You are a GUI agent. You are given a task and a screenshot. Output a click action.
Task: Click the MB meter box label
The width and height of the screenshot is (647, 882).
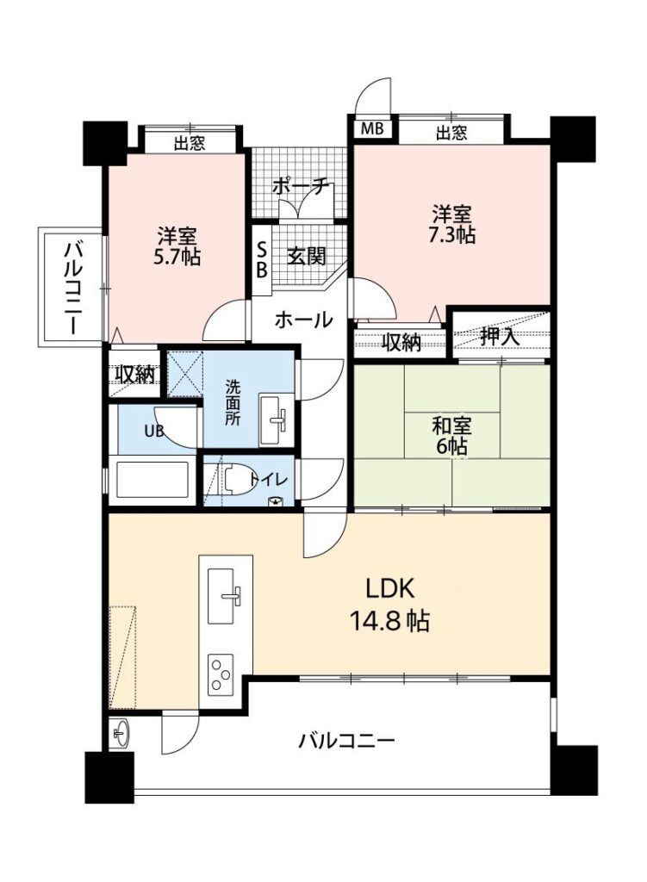point(371,129)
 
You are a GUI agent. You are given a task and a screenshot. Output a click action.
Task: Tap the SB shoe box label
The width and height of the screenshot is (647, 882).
point(262,260)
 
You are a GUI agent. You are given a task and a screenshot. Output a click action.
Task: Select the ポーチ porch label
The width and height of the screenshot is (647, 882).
point(300,187)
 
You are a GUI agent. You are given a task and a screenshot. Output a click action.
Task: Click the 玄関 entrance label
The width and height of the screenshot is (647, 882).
point(307,257)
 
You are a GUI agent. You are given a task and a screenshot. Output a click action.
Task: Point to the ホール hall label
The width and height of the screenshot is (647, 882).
point(303,320)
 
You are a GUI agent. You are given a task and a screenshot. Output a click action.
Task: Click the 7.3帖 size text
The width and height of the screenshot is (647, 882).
point(451,234)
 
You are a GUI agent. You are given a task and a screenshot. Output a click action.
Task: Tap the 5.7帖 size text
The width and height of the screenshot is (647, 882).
point(177,257)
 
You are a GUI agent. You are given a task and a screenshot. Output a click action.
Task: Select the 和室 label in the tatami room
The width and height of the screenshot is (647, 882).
point(451,425)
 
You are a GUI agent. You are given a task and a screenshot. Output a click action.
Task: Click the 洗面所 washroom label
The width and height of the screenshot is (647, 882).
point(233,403)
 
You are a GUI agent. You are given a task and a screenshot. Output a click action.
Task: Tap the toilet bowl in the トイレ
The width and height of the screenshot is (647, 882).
point(236,481)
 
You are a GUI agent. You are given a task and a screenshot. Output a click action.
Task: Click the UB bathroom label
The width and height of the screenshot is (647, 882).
point(154,432)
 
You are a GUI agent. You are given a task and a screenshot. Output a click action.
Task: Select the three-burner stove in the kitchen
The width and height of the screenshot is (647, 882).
point(221,674)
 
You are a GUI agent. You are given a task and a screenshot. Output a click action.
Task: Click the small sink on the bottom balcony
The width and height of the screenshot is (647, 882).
point(119,734)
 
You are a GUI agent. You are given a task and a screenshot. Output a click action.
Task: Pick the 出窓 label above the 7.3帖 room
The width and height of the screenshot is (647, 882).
point(451,133)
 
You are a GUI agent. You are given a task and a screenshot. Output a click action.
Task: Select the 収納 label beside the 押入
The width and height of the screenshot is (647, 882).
point(401,342)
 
